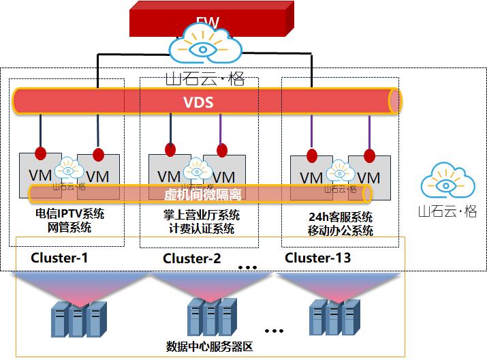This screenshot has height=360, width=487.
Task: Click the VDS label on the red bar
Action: [198, 103]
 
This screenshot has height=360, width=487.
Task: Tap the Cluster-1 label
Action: [59, 258]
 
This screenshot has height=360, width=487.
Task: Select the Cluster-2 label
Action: [192, 258]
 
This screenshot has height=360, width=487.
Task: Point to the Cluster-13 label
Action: [318, 258]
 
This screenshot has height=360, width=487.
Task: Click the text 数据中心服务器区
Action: [210, 346]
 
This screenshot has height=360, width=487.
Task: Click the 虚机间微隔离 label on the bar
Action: [203, 194]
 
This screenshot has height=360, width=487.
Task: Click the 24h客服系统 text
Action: [341, 217]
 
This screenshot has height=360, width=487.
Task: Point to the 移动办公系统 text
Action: [341, 230]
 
